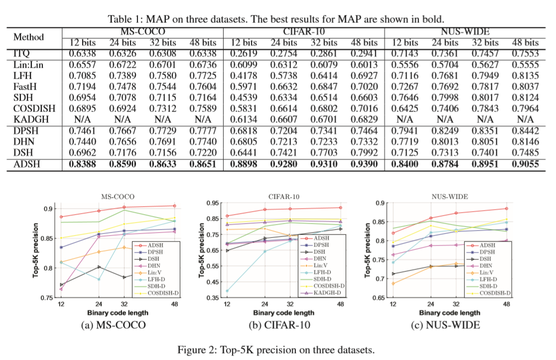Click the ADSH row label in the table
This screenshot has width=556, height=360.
pyautogui.click(x=26, y=165)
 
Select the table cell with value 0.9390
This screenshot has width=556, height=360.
pyautogui.click(x=364, y=165)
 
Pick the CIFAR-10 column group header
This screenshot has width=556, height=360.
pyautogui.click(x=304, y=31)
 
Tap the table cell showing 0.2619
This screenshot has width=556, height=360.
pyautogui.click(x=243, y=53)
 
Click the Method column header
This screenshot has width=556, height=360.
pyautogui.click(x=28, y=37)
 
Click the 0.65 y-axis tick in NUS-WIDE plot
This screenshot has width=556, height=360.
pyautogui.click(x=379, y=298)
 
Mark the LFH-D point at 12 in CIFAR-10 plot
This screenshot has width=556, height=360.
pyautogui.click(x=227, y=291)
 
